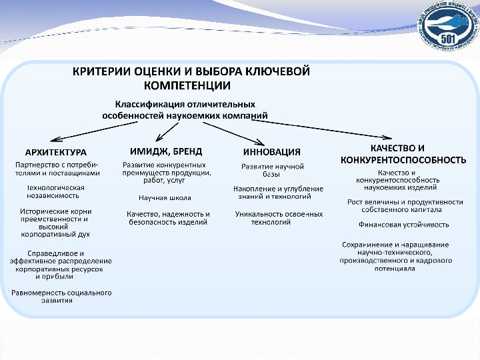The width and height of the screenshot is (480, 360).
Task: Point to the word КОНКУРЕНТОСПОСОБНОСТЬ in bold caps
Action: coord(403,160)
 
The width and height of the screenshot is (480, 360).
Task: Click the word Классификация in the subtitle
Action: coord(147,104)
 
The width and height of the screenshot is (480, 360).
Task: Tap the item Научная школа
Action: coord(165,198)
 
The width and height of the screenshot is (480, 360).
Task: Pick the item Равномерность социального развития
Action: coord(61,297)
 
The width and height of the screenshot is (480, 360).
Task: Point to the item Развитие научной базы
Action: coord(272,169)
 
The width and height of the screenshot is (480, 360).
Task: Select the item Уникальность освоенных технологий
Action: coord(279,218)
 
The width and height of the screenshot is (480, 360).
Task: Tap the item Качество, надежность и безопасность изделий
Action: coord(168,218)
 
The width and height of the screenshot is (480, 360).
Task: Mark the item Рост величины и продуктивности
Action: coord(405,205)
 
